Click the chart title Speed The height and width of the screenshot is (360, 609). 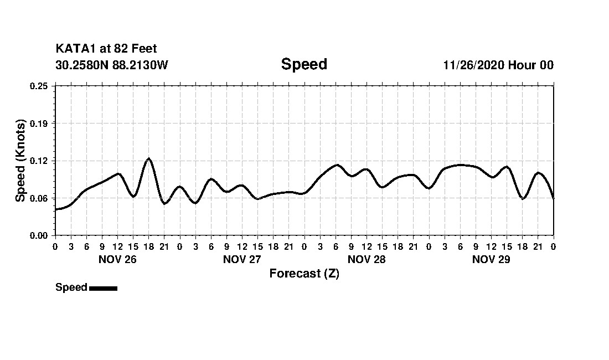pyautogui.click(x=304, y=64)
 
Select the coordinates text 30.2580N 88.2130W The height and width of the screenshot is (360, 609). pyautogui.click(x=112, y=65)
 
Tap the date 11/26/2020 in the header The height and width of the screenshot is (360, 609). pyautogui.click(x=473, y=65)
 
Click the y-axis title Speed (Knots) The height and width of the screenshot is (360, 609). pyautogui.click(x=20, y=161)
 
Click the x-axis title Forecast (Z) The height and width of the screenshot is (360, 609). pyautogui.click(x=304, y=274)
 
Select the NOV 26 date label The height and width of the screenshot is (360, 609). pyautogui.click(x=117, y=259)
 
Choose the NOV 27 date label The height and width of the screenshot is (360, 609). pyautogui.click(x=242, y=259)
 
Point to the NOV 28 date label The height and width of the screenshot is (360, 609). pyautogui.click(x=367, y=259)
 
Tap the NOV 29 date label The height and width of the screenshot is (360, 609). pyautogui.click(x=491, y=259)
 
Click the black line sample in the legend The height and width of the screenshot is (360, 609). pyautogui.click(x=103, y=288)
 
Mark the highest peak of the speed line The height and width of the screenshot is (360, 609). pyautogui.click(x=148, y=159)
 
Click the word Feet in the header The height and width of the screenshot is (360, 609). pyautogui.click(x=144, y=49)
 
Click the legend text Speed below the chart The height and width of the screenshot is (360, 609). pyautogui.click(x=71, y=287)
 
